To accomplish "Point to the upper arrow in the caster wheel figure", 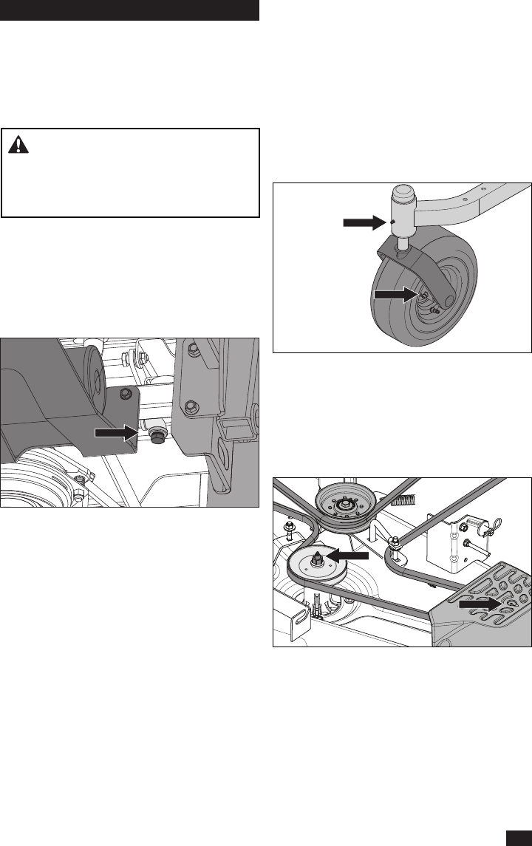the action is [365, 221].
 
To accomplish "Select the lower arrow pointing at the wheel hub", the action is [396, 294].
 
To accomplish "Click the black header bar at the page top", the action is [129, 10].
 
